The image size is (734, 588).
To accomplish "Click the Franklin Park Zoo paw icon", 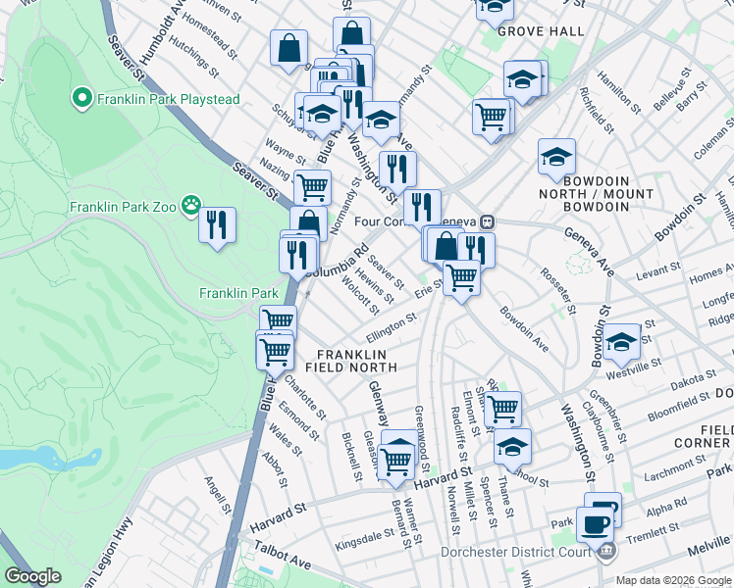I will [x=191, y=207].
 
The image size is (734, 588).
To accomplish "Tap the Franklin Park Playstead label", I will [x=148, y=98].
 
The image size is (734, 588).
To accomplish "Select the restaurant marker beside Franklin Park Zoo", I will [x=217, y=224].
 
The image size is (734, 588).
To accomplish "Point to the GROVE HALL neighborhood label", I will [x=541, y=31].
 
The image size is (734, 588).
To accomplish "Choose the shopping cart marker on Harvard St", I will [x=396, y=458].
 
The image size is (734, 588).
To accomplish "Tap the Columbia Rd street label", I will [x=335, y=261].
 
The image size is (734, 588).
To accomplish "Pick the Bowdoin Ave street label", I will [x=524, y=329].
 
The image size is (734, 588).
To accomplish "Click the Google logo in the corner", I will [x=33, y=576].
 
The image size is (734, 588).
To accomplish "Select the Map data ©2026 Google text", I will [x=672, y=580].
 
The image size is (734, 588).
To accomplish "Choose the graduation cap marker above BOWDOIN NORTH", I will [x=556, y=157].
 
